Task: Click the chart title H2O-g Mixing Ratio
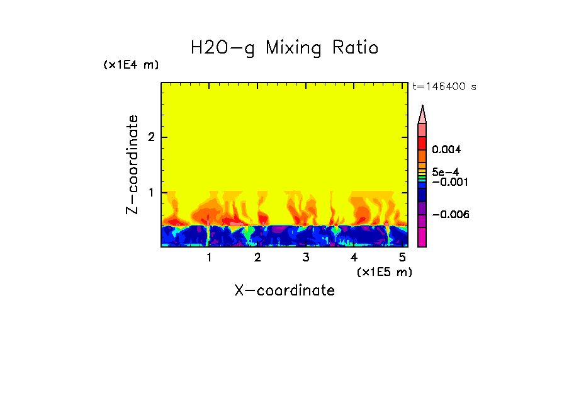tap(284, 48)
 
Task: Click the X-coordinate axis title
tap(284, 290)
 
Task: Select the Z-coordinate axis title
tap(132, 164)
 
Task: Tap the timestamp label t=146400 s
tap(444, 87)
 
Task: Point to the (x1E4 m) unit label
tap(131, 65)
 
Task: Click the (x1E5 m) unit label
tap(384, 272)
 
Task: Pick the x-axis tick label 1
tap(209, 257)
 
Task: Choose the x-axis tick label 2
tap(257, 257)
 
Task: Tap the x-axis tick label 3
tap(306, 257)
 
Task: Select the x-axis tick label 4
tap(354, 257)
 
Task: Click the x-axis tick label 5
tap(402, 257)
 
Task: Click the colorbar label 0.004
tap(447, 150)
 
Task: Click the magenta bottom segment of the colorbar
tap(422, 237)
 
